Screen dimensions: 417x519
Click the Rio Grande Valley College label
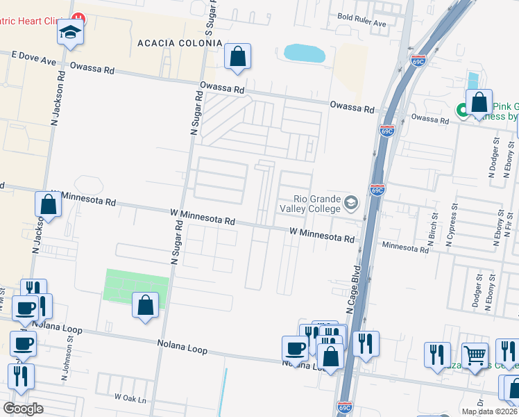(309, 202)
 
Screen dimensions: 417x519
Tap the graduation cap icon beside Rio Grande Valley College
(351, 202)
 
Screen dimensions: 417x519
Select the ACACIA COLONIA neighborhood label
(180, 43)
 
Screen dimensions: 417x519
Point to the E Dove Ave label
(33, 58)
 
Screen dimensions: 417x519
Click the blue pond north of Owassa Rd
(305, 54)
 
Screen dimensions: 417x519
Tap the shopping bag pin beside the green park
(145, 306)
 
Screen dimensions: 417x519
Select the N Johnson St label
(68, 356)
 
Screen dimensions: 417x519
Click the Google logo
(23, 409)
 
